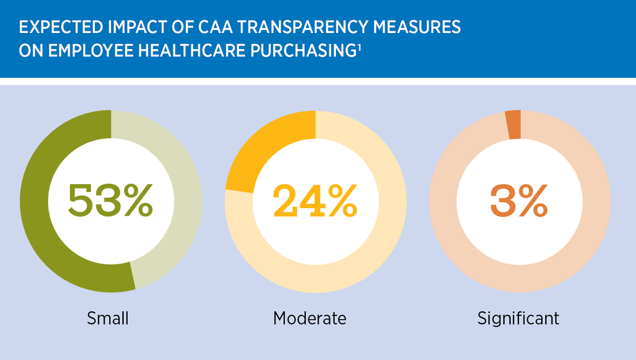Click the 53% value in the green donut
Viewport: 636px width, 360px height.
pos(110,200)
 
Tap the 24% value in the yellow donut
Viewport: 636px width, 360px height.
pos(315,200)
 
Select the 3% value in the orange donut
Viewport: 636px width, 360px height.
pos(519,200)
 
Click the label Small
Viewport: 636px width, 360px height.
pos(108,317)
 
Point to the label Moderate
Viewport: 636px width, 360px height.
pos(310,317)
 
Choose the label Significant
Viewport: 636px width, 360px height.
pos(518,317)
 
